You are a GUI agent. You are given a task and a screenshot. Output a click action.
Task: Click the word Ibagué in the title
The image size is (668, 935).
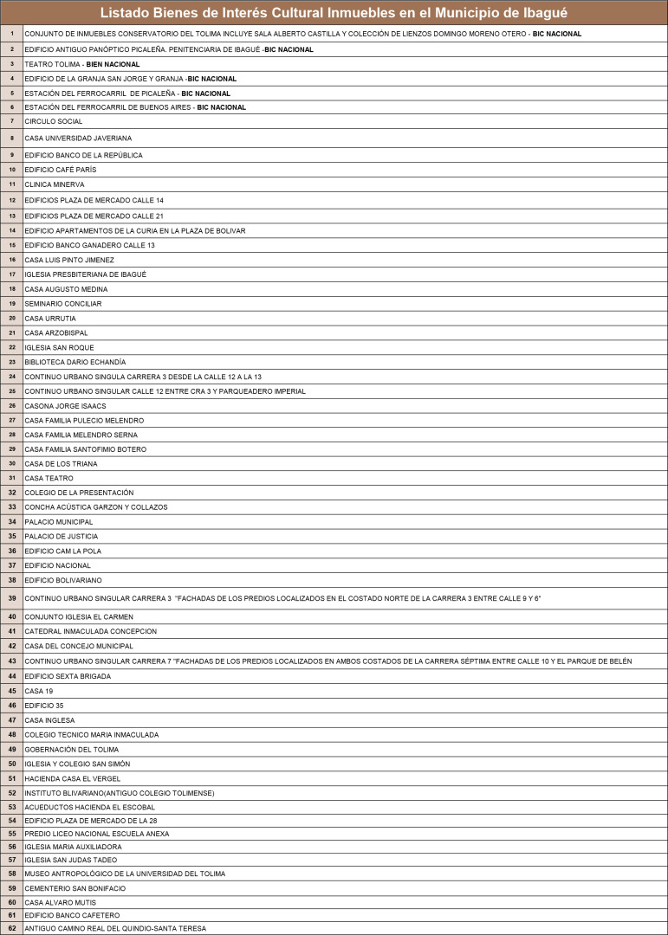[537, 12]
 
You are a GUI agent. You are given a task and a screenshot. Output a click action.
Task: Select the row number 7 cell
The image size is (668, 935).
[12, 121]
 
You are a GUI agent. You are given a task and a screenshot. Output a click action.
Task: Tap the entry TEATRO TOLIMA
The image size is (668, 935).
[53, 64]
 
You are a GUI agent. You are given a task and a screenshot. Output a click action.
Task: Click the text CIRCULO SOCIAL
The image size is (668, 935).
[54, 121]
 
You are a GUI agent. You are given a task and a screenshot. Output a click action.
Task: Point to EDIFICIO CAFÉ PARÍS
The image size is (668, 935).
[61, 170]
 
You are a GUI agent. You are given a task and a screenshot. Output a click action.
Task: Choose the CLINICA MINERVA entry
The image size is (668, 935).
[55, 184]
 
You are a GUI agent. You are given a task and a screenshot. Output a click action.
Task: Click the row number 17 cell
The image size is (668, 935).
[12, 274]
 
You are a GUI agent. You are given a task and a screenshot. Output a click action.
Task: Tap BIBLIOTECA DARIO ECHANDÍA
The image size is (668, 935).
[75, 362]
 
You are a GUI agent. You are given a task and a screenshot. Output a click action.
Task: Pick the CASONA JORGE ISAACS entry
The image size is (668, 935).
[65, 405]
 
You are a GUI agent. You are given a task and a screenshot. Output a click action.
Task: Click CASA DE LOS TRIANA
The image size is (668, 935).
[60, 464]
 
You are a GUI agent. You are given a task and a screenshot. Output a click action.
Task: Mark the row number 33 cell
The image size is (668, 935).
[12, 507]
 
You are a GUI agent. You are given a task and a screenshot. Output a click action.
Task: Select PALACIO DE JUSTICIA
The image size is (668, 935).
[61, 537]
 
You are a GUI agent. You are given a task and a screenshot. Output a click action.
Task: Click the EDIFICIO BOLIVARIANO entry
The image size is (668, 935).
[63, 580]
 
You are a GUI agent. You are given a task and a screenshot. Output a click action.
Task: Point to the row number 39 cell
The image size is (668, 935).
[12, 598]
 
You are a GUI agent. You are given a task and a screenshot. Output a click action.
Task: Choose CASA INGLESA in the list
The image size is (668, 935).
[49, 720]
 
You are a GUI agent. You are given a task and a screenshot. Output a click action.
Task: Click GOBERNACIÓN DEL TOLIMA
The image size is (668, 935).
[72, 750]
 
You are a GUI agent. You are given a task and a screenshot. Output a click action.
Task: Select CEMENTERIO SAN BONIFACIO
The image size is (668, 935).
[75, 888]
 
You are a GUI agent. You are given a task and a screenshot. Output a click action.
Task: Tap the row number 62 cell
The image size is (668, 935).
[12, 928]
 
